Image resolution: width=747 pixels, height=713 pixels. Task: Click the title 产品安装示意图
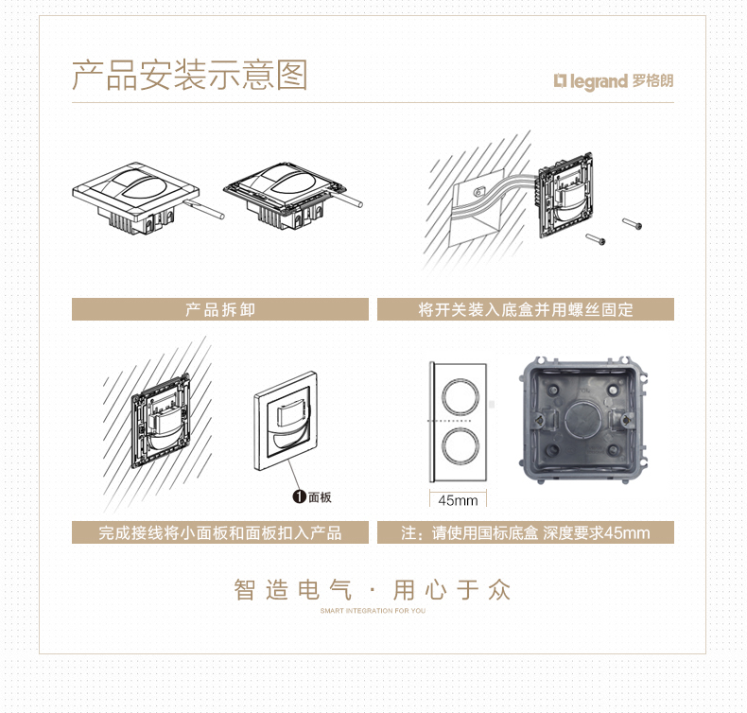click(190, 76)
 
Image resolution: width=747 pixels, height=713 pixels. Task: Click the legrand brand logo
click(591, 81)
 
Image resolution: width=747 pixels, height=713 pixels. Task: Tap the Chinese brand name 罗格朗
click(653, 80)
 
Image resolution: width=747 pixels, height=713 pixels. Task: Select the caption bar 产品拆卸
click(220, 309)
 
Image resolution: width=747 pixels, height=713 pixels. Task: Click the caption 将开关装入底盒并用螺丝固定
click(526, 309)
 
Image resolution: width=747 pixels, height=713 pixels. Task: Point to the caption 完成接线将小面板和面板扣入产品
click(220, 532)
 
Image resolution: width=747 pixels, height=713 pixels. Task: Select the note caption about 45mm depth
click(526, 532)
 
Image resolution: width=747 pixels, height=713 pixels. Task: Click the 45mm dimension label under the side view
click(458, 500)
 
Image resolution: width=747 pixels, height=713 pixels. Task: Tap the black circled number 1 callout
click(299, 496)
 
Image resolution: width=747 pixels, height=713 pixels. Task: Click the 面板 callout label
click(320, 497)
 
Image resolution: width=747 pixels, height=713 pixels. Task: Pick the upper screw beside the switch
click(633, 222)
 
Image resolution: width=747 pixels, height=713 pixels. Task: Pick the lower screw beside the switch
click(596, 239)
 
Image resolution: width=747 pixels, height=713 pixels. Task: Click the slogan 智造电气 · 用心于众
click(372, 590)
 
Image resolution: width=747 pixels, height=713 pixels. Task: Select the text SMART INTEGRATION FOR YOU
click(373, 611)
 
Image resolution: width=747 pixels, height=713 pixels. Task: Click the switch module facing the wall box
click(565, 196)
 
